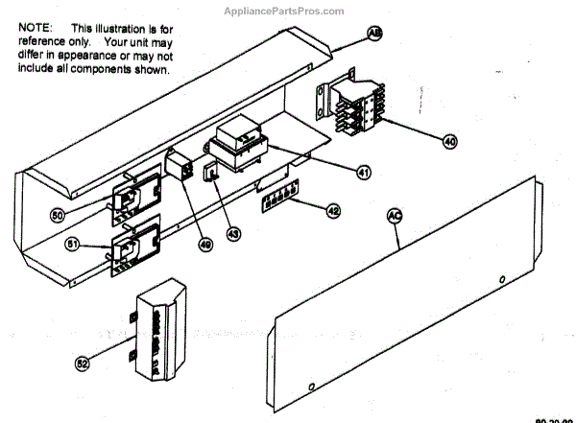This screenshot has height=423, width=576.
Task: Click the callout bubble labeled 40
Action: [x=449, y=140]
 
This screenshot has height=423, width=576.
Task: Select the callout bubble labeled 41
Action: [x=363, y=174]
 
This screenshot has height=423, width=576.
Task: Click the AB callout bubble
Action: [x=375, y=33]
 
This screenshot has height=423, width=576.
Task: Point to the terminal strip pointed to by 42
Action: [x=276, y=201]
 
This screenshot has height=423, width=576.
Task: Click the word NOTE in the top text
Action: [x=35, y=30]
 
